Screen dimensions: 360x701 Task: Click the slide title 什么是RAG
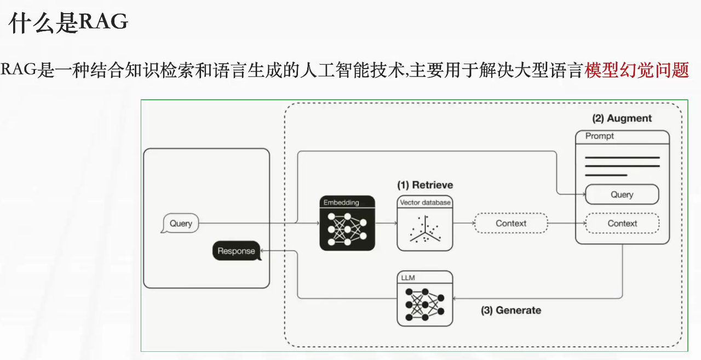coord(68,23)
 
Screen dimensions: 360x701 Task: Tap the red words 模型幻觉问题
coord(636,71)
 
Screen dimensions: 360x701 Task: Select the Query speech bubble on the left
coord(180,224)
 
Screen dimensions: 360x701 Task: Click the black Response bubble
coord(236,251)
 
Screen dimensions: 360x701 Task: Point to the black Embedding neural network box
coord(347,223)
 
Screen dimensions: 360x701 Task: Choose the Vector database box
coord(425,224)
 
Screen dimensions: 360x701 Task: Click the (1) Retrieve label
coord(424,185)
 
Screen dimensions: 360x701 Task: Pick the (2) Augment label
coord(622,118)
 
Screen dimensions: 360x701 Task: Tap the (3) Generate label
coord(510,310)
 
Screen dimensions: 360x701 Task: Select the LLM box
coord(425,299)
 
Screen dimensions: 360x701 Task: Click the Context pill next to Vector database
coord(511,224)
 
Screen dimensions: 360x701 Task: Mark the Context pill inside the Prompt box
coord(622,224)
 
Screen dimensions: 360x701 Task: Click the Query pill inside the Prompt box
coord(622,195)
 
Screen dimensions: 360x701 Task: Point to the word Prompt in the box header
coord(600,136)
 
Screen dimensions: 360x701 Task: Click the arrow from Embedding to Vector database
coord(386,224)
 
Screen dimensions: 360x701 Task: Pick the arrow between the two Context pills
coord(566,224)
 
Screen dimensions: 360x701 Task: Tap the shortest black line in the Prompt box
coord(606,175)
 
